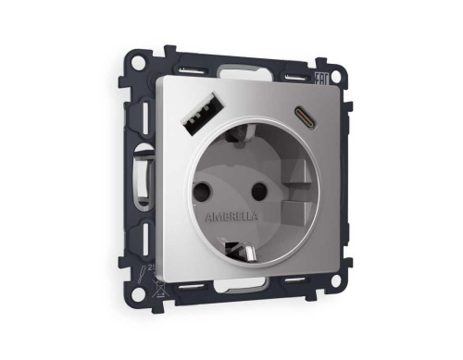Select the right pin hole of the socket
point(259,192)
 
